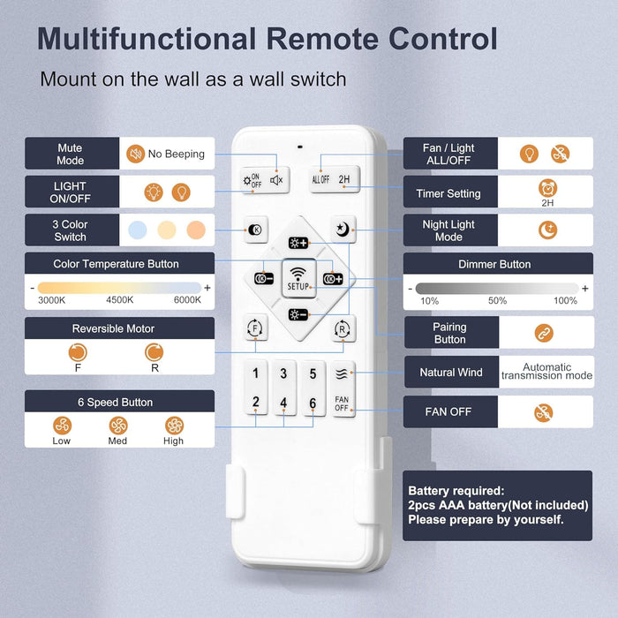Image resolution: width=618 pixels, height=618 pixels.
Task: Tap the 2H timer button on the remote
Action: point(344,179)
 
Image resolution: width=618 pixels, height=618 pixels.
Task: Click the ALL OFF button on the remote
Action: point(320,180)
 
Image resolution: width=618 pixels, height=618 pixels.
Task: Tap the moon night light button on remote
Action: point(343,229)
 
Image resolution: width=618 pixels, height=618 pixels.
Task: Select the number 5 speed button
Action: point(313,373)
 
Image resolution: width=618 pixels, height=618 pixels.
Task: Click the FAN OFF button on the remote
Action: point(342,404)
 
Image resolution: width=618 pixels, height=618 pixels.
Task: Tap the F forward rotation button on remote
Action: point(255,328)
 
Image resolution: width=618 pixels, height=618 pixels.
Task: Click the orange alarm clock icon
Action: point(547,188)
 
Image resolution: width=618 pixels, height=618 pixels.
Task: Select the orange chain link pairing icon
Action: point(544,333)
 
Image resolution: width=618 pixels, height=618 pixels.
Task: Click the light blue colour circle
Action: point(138,230)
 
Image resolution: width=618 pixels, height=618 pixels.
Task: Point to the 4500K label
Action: point(120,300)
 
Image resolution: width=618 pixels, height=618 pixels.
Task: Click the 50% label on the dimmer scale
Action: point(497,301)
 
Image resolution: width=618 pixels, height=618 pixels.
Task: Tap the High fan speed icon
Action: point(174,426)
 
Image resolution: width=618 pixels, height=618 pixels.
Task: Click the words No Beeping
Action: point(177,154)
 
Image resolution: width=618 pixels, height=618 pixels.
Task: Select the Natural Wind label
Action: point(451,373)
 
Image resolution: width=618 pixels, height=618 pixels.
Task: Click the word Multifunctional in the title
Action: point(147,39)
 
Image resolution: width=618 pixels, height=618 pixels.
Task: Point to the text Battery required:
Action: point(456,491)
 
